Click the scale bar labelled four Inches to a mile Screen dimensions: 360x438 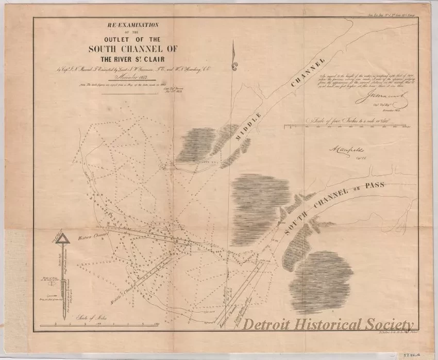pos(351,125)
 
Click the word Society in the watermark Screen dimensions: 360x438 pos(389,324)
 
